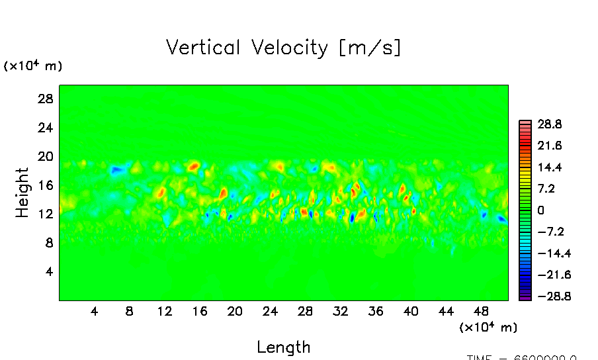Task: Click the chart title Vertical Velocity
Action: pos(283,48)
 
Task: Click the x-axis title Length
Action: pos(283,347)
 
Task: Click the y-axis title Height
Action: pos(22,193)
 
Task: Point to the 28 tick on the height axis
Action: pos(44,99)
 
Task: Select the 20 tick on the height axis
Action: pos(44,157)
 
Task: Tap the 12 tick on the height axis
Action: pos(44,214)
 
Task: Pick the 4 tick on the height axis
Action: pos(48,272)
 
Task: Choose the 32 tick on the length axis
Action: pos(341,310)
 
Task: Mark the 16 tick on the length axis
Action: pos(200,310)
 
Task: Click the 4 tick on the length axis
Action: pos(95,310)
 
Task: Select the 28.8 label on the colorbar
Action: pos(549,124)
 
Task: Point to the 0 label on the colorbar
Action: pos(540,210)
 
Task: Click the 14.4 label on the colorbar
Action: pos(549,167)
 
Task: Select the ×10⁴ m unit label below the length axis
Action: pos(488,327)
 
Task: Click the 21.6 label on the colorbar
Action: pos(549,145)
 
